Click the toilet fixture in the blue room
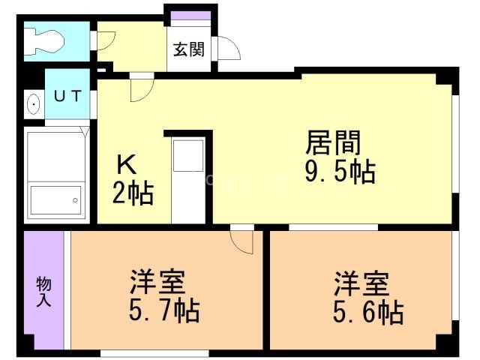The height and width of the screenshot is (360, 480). (45, 42)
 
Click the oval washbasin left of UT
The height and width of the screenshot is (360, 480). (33, 104)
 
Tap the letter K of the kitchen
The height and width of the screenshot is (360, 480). (125, 165)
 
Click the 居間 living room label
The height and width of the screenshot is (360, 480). (334, 142)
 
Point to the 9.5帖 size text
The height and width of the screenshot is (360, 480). (339, 172)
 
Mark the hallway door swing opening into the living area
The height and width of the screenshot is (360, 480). (139, 88)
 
